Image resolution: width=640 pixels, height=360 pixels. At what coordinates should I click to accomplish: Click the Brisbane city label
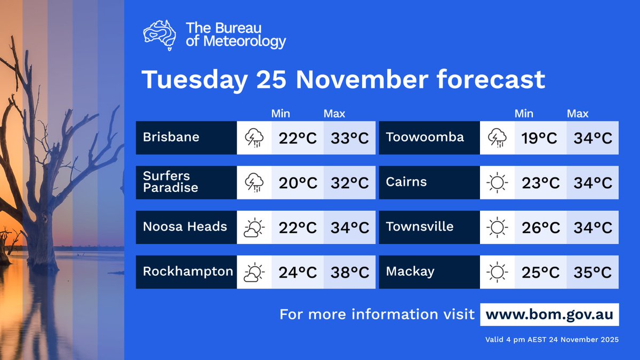point(171,137)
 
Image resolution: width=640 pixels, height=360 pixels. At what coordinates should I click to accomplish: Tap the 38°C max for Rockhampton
point(349,273)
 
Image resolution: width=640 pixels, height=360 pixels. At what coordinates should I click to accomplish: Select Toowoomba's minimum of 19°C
point(540,138)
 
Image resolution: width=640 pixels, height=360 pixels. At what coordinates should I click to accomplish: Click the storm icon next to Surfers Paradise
point(254,183)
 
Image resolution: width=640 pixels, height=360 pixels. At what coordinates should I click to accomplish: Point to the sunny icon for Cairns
point(497,183)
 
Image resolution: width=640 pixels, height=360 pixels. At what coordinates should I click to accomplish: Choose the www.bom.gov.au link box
point(550,314)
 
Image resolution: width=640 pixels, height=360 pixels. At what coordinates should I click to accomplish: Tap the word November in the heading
point(361,80)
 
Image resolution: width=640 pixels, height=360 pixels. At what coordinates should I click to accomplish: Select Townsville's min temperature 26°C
point(540,228)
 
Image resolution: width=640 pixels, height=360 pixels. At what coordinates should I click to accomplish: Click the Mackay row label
point(410,271)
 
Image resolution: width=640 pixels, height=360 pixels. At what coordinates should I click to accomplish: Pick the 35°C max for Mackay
point(593,273)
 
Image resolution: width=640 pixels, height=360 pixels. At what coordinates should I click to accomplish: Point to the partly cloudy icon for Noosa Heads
point(254,228)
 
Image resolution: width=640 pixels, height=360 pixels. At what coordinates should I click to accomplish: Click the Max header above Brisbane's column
point(334,114)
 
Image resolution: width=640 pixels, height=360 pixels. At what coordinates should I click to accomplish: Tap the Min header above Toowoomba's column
point(524,114)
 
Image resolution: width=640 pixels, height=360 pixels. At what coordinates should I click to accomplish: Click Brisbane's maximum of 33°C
point(349,138)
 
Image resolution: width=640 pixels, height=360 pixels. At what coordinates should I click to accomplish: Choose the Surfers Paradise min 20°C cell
point(298,183)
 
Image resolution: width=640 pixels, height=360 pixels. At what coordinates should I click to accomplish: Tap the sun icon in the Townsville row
point(497,228)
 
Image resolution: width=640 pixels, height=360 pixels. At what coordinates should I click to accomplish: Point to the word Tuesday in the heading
point(195,80)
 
